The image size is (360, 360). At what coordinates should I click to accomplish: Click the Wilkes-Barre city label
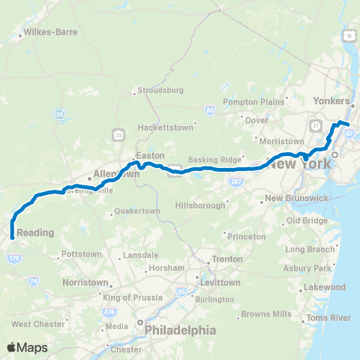(47, 33)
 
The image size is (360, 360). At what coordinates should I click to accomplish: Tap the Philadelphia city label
(180, 330)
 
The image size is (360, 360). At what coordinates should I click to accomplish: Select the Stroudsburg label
(159, 91)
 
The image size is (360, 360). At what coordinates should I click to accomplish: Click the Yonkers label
(334, 101)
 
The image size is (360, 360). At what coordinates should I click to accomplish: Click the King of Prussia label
(132, 298)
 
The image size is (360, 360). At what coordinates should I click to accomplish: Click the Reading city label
(35, 232)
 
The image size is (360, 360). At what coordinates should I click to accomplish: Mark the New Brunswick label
(301, 197)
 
